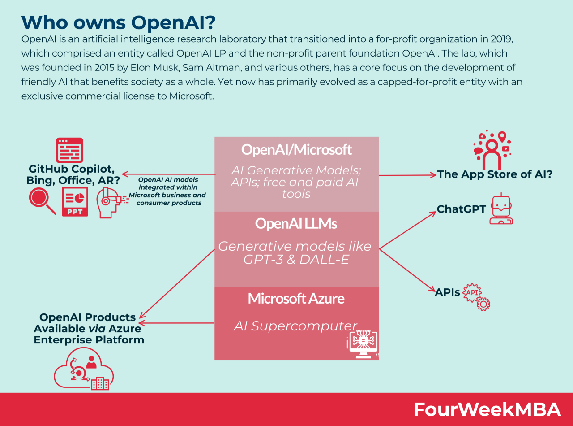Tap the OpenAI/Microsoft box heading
[296, 149]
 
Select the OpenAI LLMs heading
[296, 223]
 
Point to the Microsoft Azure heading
[296, 299]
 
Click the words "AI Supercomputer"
[295, 326]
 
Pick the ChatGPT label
[461, 209]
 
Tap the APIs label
[447, 292]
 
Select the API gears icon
[477, 296]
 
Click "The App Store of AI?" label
[495, 174]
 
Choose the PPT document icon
[75, 202]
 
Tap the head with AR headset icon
[110, 202]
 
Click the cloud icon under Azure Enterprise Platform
[84, 370]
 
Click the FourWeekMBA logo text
[487, 409]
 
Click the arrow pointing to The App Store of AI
[407, 175]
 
